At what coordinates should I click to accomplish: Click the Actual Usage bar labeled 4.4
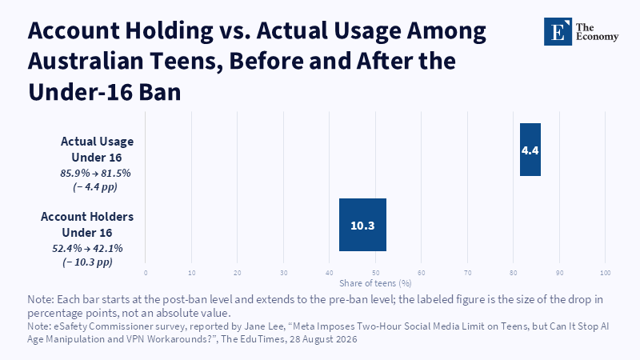(530, 150)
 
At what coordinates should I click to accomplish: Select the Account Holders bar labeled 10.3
(362, 225)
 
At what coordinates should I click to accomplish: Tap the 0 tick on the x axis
(146, 273)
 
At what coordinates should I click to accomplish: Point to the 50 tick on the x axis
(375, 273)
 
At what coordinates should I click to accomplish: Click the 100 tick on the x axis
(606, 273)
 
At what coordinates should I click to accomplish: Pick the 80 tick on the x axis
(514, 273)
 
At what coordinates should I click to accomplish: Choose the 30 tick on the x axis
(284, 273)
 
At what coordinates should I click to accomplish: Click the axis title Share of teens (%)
(375, 283)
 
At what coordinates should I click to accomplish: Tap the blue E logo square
(558, 31)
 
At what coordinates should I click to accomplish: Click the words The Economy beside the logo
(597, 32)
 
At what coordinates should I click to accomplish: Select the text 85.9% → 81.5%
(95, 173)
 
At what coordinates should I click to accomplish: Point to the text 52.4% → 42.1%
(87, 248)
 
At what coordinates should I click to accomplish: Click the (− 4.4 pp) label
(95, 187)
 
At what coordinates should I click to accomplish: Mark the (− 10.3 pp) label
(87, 262)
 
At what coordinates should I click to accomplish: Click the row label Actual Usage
(97, 142)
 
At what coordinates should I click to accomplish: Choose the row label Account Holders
(87, 216)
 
